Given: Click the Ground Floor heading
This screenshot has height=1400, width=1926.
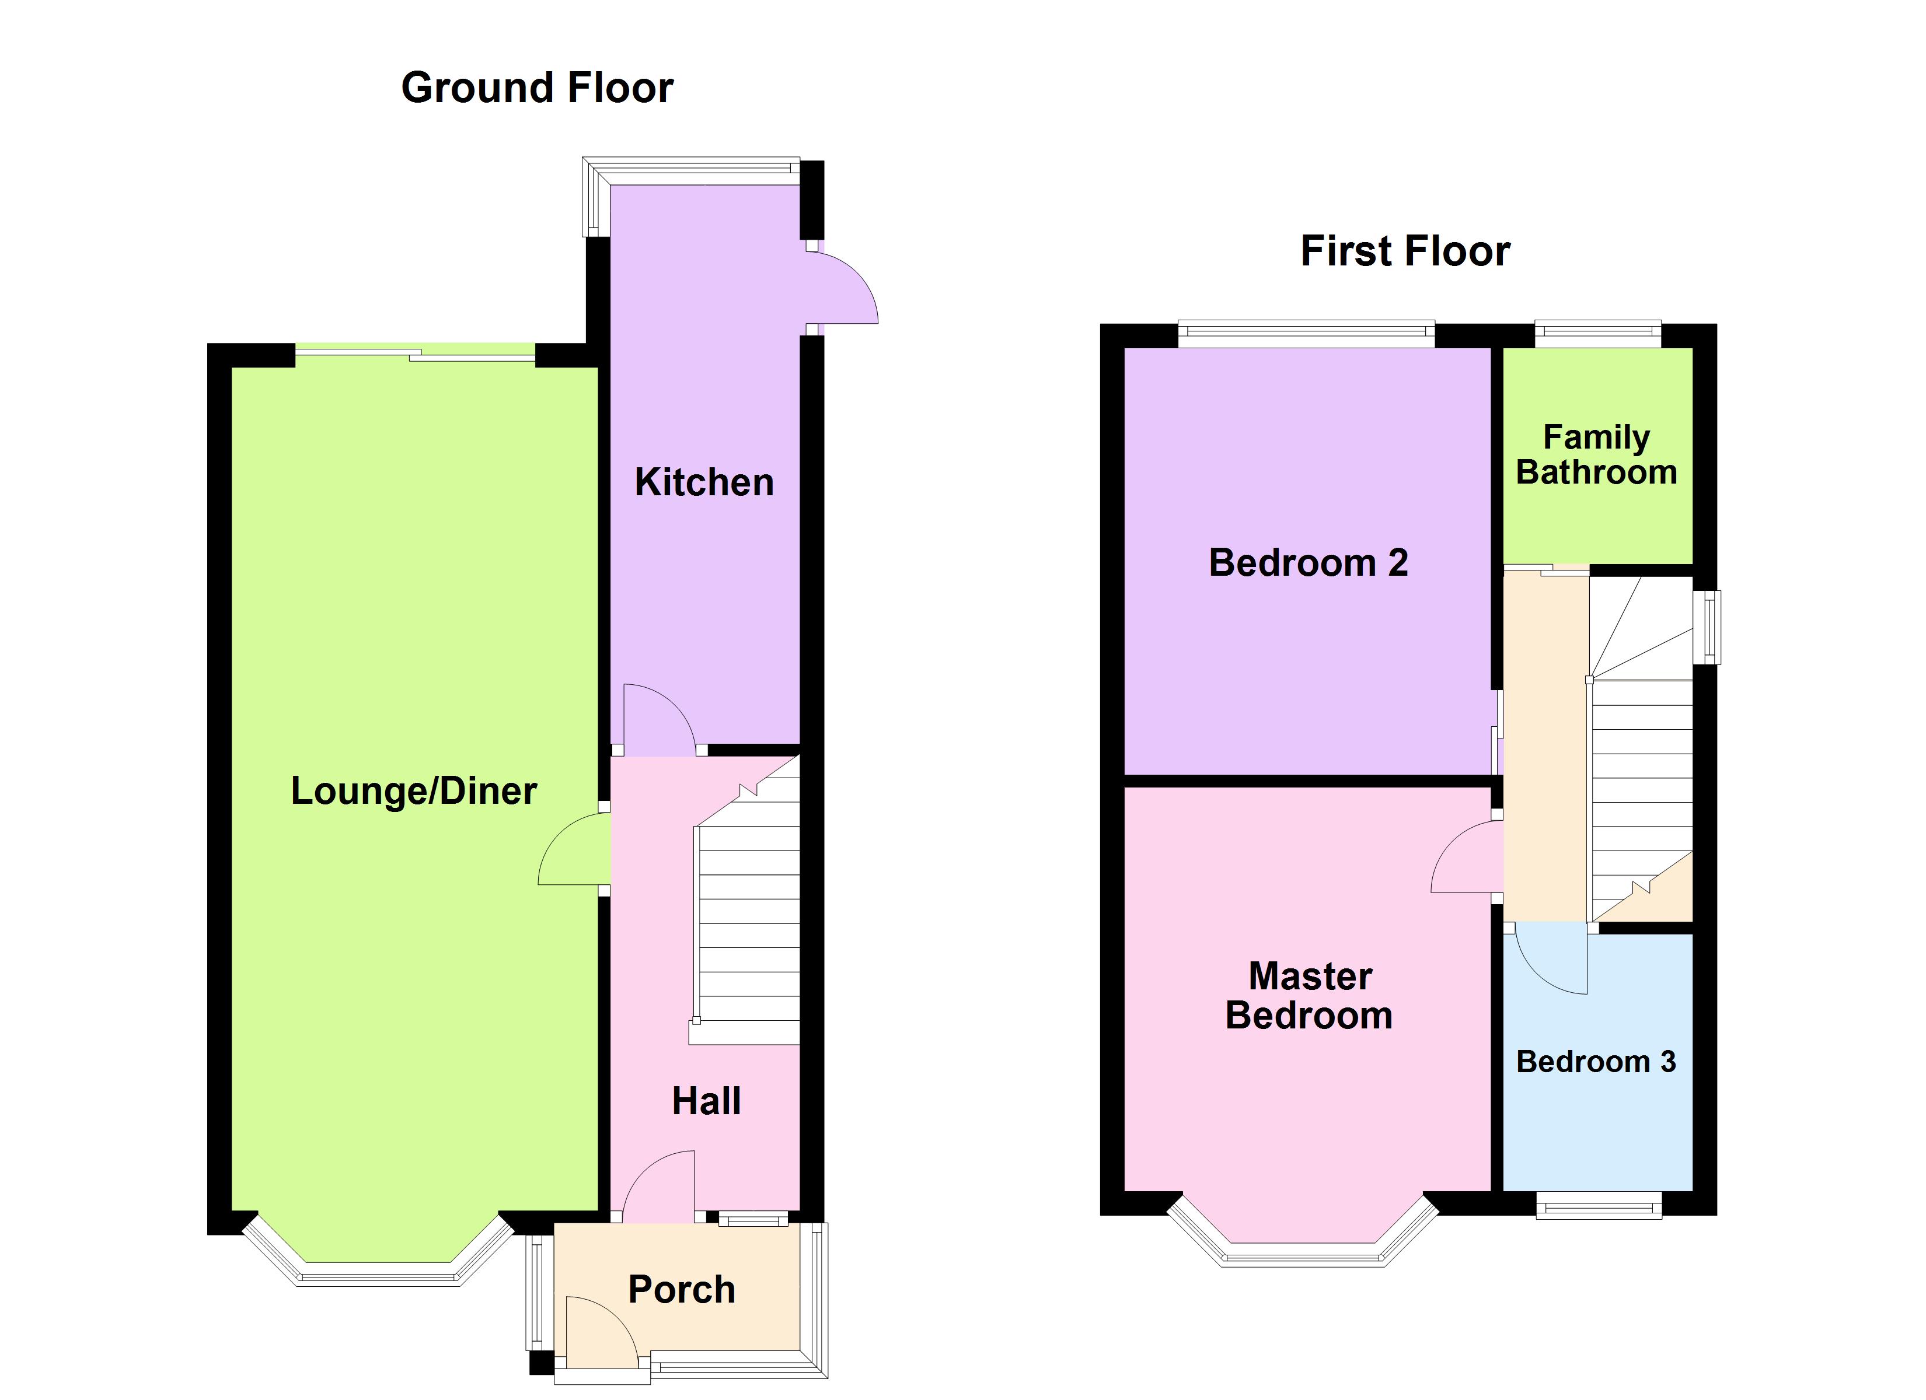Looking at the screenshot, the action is (537, 87).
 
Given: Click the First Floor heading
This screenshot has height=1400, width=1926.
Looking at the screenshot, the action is (1405, 251).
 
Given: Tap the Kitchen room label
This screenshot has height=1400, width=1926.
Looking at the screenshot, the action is (704, 482).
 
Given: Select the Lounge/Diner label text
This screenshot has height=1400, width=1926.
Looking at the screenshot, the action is (414, 791).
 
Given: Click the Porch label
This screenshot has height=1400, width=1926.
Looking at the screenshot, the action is (682, 1290).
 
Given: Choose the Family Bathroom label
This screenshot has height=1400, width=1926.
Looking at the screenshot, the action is (1596, 455).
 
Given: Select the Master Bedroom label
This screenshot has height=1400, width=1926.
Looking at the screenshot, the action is (1310, 996).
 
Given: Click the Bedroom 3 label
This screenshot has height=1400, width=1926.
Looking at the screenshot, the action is (1596, 1062).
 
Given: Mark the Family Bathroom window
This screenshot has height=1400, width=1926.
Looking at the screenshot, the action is (1597, 334).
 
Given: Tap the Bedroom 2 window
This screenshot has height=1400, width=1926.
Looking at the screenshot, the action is (1306, 334).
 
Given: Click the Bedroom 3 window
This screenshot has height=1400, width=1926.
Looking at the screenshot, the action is (1598, 1204).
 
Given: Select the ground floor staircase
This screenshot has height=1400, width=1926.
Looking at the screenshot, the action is (746, 900).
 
